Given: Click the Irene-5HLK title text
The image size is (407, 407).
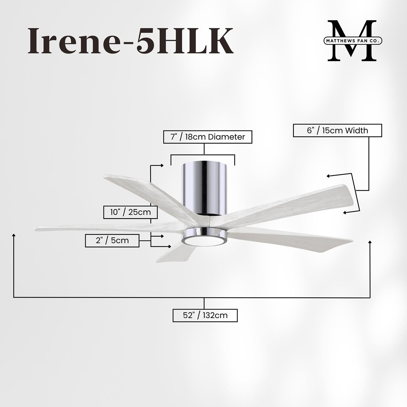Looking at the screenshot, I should tap(130, 41).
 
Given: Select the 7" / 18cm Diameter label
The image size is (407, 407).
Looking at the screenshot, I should tap(208, 137).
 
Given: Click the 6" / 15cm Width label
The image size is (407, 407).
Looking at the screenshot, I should tap(337, 131).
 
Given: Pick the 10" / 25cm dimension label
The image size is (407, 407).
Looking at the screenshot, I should tap(131, 212).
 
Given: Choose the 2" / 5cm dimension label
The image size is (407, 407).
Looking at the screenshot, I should tap(112, 240).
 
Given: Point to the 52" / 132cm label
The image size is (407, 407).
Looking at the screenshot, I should tap(205, 315).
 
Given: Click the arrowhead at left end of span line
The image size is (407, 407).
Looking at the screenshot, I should tap(14, 235).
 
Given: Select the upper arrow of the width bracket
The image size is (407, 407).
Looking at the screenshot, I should tap(328, 176).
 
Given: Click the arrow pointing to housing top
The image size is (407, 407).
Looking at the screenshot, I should tap(162, 165).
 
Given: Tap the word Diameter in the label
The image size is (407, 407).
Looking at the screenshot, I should tap(226, 137).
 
